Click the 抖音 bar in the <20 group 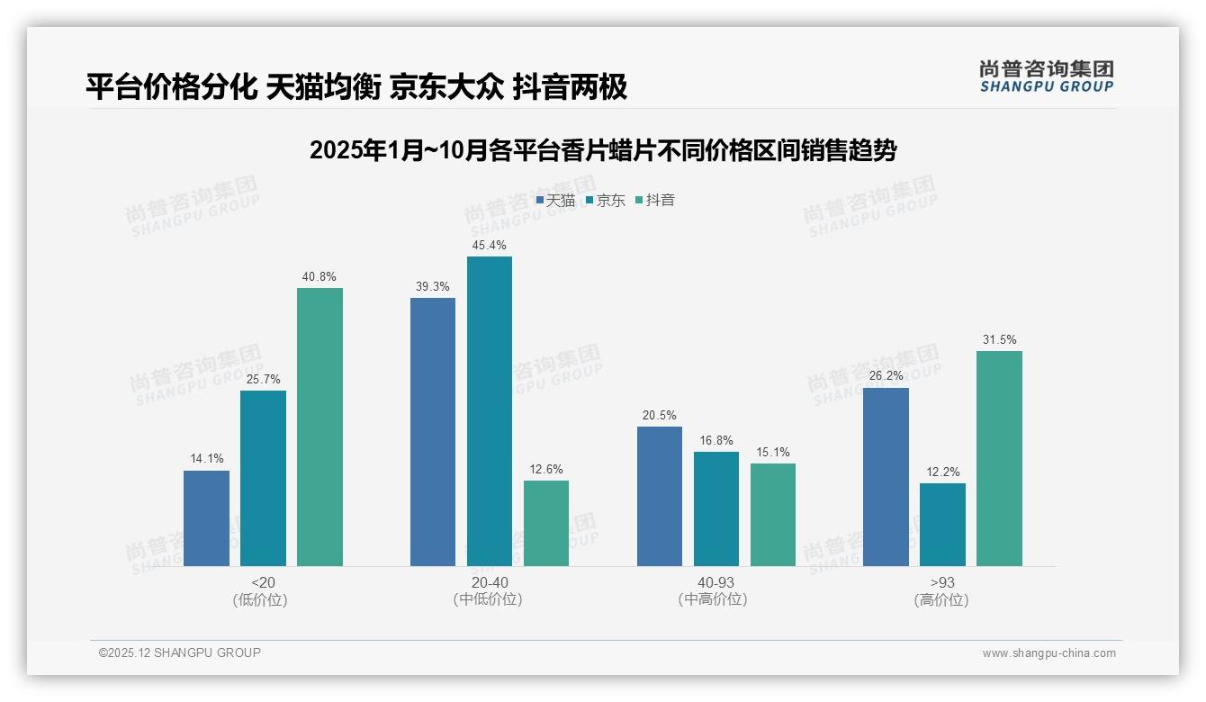coord(319,427)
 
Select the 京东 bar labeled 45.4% coord(489,411)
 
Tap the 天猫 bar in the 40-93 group coord(660,496)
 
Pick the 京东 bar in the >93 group coord(942,525)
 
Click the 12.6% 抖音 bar coord(546,523)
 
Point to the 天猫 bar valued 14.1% coord(206,518)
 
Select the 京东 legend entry coord(605,201)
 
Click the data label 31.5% coord(999,339)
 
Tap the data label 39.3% coord(433,286)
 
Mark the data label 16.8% coord(716,440)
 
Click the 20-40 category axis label coord(489,582)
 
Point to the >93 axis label coord(941,582)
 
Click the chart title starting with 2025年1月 coord(603,150)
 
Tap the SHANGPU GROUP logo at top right coord(1046,76)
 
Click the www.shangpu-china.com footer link coord(1048,653)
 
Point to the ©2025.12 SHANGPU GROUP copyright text coord(180,652)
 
